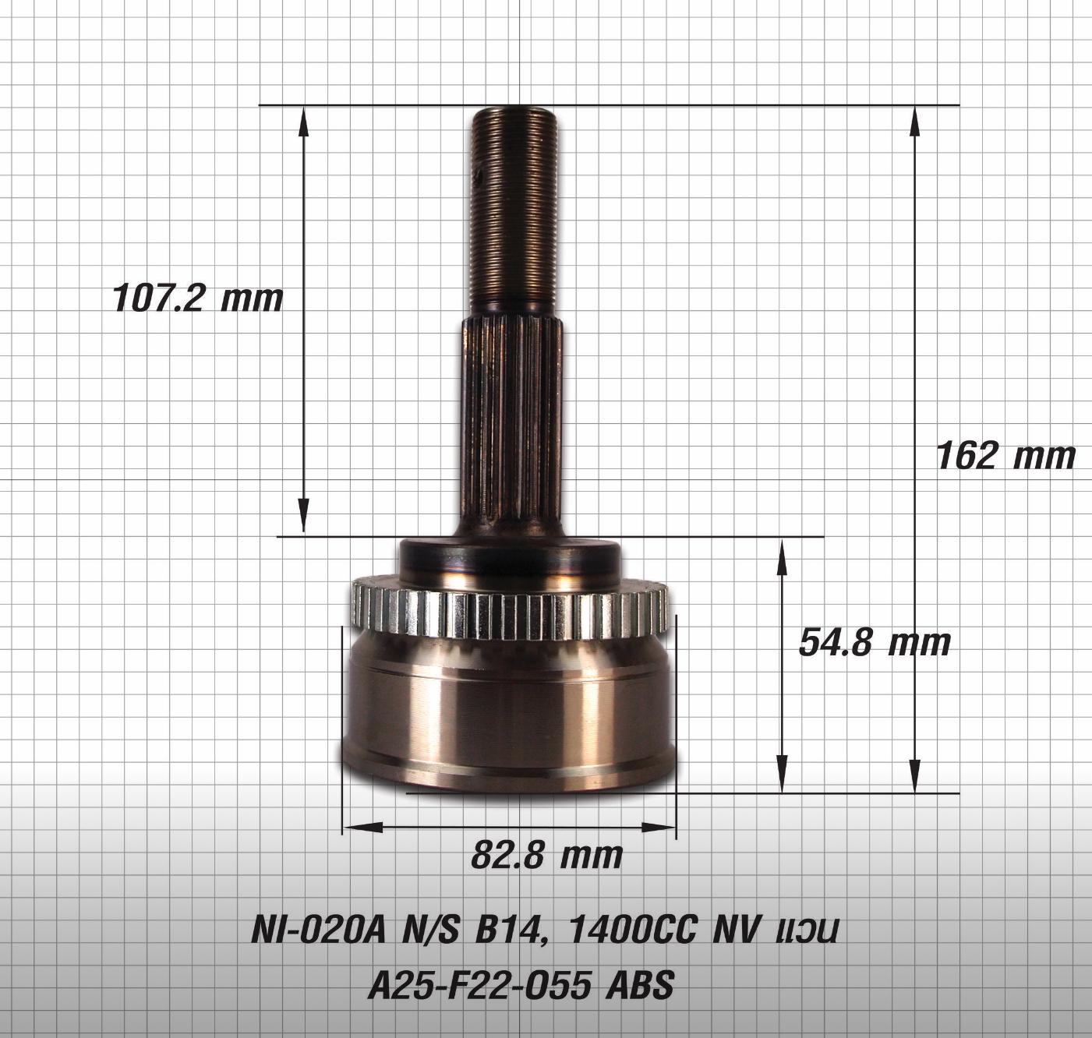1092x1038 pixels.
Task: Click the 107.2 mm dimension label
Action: click(198, 298)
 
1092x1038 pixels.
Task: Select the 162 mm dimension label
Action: click(1005, 455)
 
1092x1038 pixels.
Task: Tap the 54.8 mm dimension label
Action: click(875, 643)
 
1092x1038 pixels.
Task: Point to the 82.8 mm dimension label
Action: click(546, 855)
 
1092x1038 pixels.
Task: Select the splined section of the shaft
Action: click(511, 421)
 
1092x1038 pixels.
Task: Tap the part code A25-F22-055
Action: click(478, 987)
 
